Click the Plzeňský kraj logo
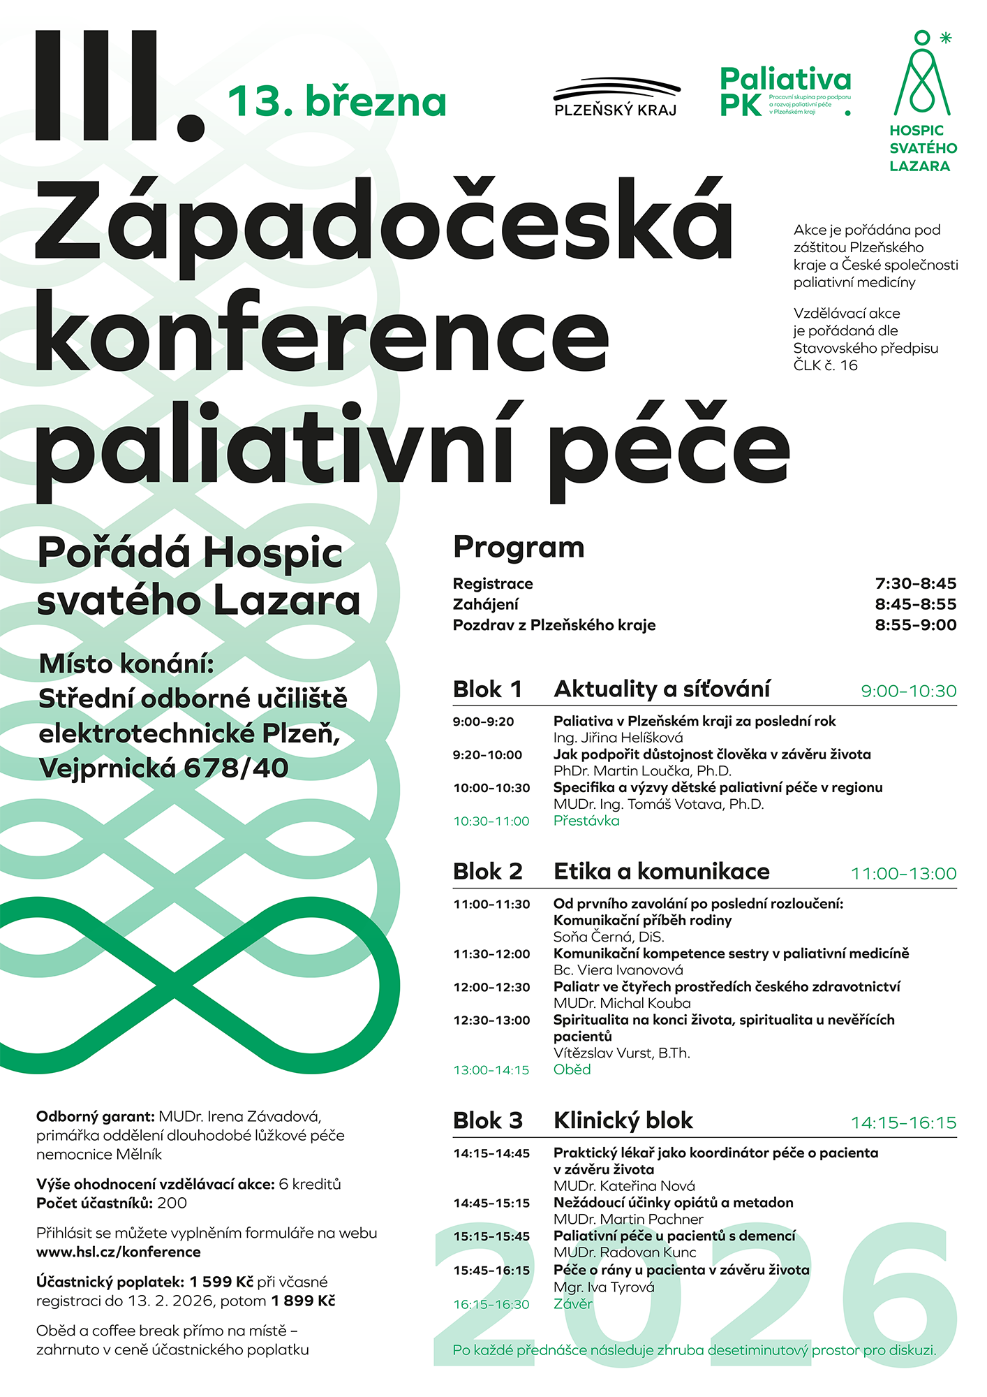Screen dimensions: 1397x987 [x=616, y=97]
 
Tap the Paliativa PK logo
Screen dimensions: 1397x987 [x=785, y=91]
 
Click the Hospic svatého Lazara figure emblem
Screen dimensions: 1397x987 [x=922, y=74]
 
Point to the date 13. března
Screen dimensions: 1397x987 [x=337, y=102]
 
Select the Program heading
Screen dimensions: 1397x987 [x=519, y=548]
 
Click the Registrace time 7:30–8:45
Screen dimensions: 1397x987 [x=915, y=584]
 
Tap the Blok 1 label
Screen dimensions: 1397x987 [x=487, y=689]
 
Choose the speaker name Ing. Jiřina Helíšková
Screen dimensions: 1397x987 [x=618, y=738]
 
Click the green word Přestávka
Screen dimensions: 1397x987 [x=586, y=821]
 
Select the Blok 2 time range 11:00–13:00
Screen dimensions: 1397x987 [x=903, y=874]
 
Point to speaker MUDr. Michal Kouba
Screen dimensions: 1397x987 [x=622, y=1003]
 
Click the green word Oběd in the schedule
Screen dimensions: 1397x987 [x=572, y=1069]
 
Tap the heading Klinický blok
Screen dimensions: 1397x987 [x=623, y=1120]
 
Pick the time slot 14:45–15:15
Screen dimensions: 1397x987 [x=491, y=1203]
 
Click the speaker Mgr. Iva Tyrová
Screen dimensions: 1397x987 [x=604, y=1287]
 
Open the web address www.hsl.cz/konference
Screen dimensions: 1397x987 [x=119, y=1252]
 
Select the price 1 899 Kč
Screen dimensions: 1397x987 [x=303, y=1301]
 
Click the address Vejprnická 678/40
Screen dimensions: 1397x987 [x=164, y=768]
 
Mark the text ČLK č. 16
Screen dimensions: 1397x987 [x=825, y=365]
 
